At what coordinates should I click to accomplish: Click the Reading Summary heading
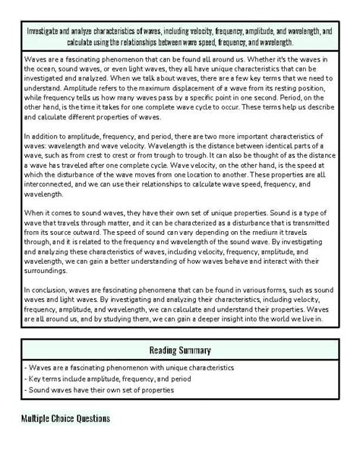(179, 350)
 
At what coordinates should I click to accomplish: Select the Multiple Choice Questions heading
(65, 419)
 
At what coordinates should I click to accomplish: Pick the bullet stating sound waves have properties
(99, 390)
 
